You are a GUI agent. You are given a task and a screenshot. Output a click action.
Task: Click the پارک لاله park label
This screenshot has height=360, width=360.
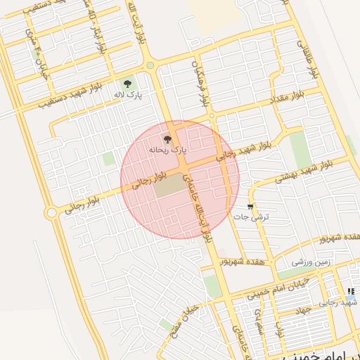[129, 95]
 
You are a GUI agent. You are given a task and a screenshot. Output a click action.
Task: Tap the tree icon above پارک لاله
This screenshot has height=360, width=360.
[127, 84]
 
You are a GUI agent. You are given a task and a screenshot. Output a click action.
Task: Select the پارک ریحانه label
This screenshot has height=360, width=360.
[167, 149]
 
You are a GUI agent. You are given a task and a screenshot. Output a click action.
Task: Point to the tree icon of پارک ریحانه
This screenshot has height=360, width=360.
[167, 139]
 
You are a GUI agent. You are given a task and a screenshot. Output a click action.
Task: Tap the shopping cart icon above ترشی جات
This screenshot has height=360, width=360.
[250, 207]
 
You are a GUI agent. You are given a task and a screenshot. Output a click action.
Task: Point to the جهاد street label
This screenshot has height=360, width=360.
[304, 310]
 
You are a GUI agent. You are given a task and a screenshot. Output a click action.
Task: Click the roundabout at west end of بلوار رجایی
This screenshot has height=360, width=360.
[51, 212]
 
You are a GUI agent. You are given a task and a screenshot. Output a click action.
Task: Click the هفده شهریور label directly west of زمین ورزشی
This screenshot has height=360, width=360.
[246, 262]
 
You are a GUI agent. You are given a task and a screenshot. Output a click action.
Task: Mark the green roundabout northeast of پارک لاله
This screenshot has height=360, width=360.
[150, 67]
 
